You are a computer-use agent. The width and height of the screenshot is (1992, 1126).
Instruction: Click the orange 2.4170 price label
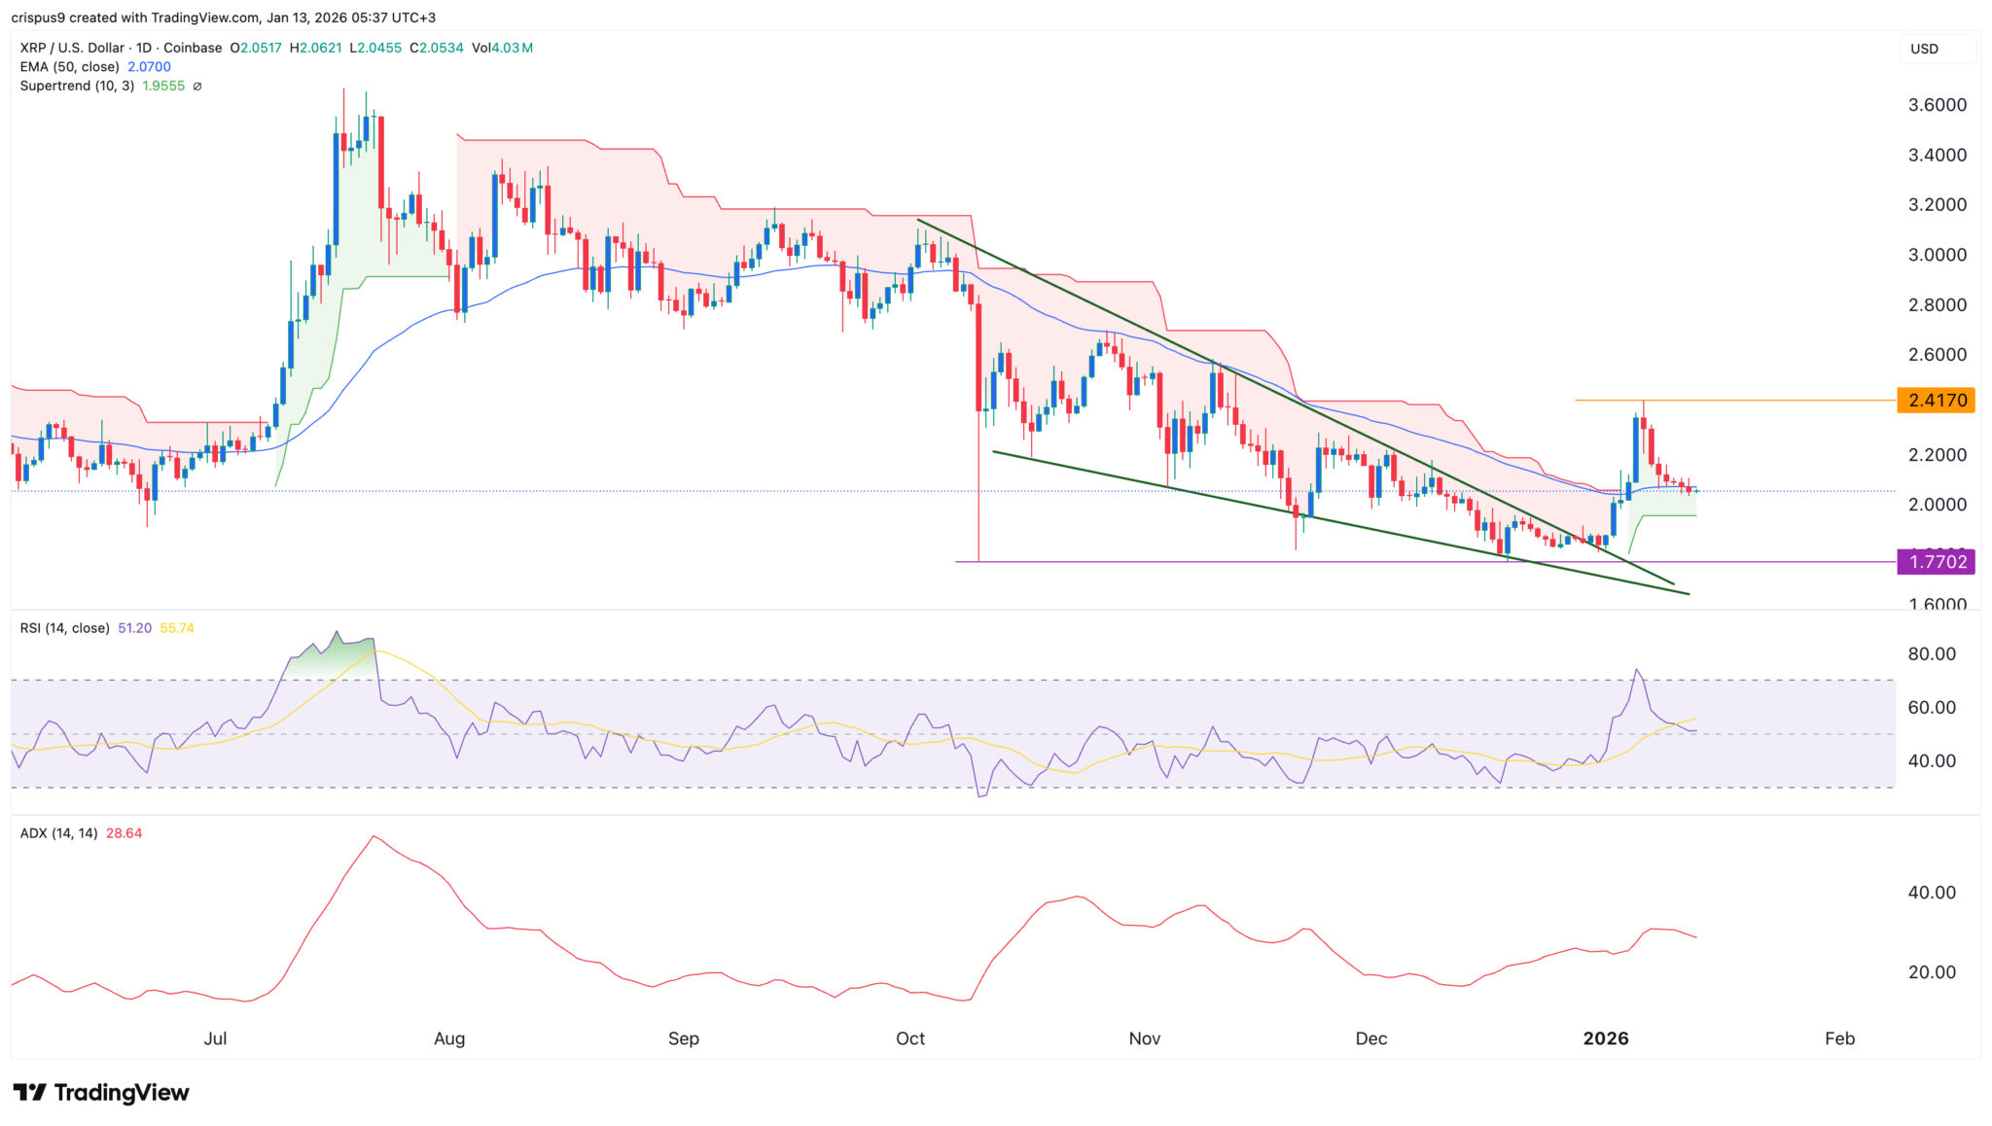(x=1936, y=401)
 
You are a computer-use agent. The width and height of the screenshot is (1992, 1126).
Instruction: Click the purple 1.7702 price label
(x=1936, y=562)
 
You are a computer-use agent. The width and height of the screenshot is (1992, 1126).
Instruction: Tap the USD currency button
(x=1925, y=49)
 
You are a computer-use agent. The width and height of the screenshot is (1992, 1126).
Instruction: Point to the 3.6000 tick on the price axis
(x=1937, y=105)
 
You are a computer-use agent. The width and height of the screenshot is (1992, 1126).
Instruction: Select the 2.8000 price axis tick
(x=1937, y=305)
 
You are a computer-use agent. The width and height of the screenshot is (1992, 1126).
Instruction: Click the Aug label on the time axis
(x=449, y=1038)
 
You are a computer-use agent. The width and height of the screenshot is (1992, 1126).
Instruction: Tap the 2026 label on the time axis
(x=1605, y=1038)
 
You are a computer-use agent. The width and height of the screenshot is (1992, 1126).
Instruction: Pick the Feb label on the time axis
(x=1839, y=1038)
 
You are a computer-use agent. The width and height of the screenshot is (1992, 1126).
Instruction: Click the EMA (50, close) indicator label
(x=70, y=67)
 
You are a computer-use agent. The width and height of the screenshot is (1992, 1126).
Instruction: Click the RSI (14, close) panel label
(x=64, y=628)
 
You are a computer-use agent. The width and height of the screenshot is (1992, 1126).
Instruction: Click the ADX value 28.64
(x=124, y=833)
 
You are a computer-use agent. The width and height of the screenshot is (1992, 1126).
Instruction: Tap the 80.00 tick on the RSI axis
(x=1932, y=654)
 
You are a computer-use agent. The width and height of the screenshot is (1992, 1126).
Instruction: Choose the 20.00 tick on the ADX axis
(x=1932, y=972)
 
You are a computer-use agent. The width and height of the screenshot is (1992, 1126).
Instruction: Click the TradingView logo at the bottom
(x=101, y=1093)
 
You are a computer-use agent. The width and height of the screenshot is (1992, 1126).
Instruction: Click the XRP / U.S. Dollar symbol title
(x=72, y=48)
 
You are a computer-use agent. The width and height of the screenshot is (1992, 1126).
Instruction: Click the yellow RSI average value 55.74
(x=177, y=628)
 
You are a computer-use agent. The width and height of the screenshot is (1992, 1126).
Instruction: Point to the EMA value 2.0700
(x=149, y=67)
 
